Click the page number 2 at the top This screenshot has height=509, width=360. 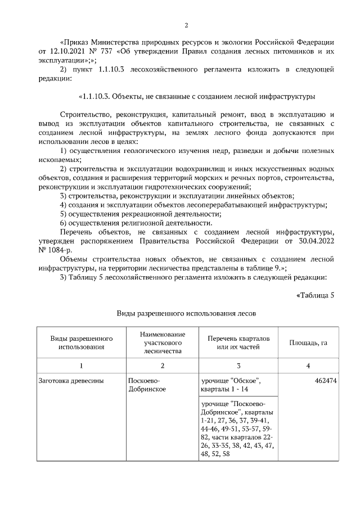tap(186, 25)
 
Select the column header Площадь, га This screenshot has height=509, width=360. tap(308, 342)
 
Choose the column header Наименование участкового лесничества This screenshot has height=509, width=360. tap(162, 342)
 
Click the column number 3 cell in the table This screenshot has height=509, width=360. tap(238, 366)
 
